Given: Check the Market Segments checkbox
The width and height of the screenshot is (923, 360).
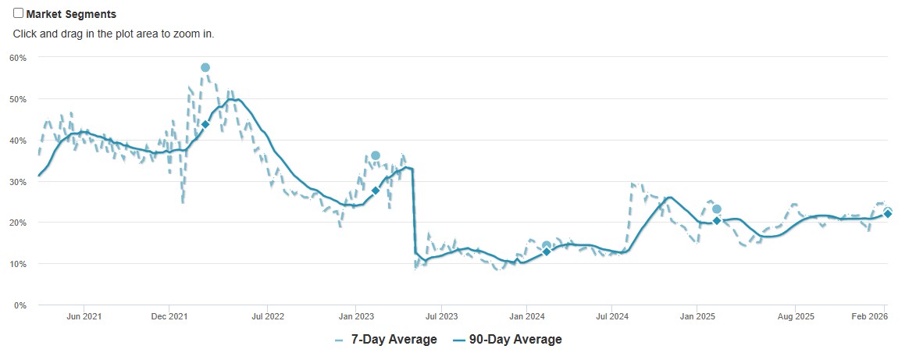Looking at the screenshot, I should tap(19, 13).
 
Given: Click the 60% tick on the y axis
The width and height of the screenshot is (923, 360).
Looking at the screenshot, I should tap(18, 58).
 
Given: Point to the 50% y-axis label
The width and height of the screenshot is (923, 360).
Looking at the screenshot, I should tap(18, 99).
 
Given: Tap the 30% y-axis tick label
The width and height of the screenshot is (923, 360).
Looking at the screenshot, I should tap(18, 182).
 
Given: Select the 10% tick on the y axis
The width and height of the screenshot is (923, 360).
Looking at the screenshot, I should tap(18, 264).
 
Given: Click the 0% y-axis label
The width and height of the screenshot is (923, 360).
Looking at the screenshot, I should tap(20, 305).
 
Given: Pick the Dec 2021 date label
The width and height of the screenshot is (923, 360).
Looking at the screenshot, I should tap(169, 316).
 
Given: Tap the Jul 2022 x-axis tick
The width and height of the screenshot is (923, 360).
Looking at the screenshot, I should tap(267, 316).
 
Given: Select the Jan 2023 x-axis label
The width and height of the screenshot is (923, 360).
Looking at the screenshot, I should tap(355, 316).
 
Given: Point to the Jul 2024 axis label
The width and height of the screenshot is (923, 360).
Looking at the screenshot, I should tap(612, 316).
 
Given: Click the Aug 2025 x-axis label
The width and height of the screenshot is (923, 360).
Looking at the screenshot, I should tap(796, 316).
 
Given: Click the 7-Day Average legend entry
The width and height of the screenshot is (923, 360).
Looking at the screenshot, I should tap(386, 340).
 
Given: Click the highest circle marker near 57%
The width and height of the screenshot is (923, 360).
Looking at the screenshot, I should tap(205, 68).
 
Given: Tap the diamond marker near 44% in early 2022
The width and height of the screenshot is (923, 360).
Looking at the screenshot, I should tap(205, 124).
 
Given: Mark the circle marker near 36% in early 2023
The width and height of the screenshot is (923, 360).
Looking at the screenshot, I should tap(376, 155).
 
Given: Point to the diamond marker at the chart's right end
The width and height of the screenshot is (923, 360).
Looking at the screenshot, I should tap(888, 214).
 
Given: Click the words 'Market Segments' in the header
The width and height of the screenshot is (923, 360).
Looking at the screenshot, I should tap(71, 14).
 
